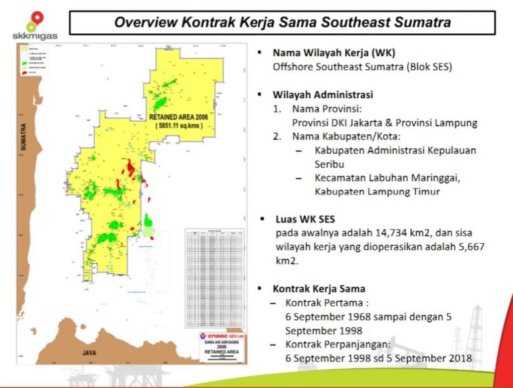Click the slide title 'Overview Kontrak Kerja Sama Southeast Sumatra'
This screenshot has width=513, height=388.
pyautogui.click(x=282, y=22)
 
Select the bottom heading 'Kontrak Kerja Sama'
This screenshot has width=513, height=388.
pyautogui.click(x=319, y=288)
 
